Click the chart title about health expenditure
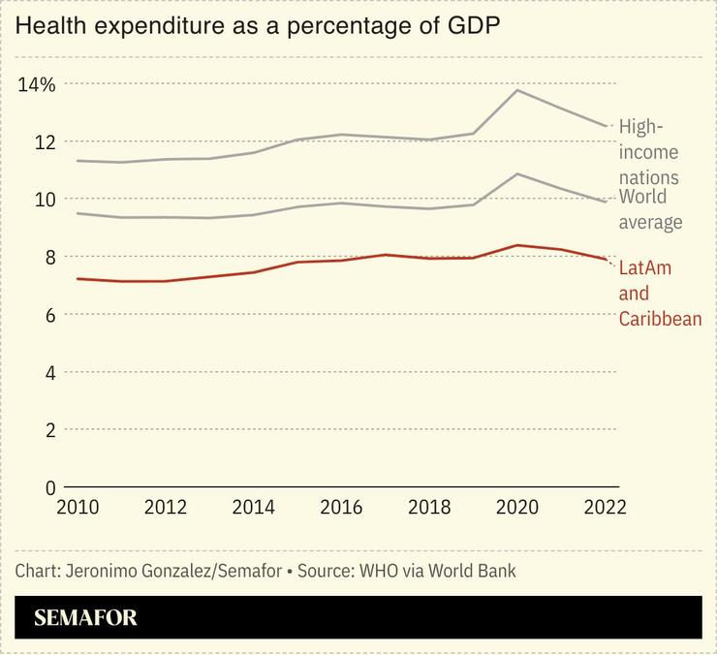point(259,25)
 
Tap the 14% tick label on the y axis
point(37,84)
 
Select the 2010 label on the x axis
point(77,508)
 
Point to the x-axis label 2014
point(255,508)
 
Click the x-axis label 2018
point(428,508)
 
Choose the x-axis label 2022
point(605,508)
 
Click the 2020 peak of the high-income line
point(517,90)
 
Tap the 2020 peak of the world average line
point(517,174)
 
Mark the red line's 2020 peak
point(517,245)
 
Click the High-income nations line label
point(648,152)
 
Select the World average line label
point(650,209)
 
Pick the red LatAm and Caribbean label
point(659,293)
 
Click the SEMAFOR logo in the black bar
point(86,618)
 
